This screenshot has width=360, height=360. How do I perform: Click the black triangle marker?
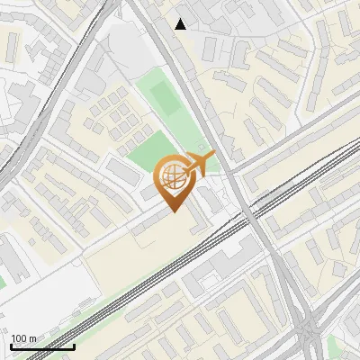point(181,24)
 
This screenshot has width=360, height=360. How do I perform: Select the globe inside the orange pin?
point(171,175)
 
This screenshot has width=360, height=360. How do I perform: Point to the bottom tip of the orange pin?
point(173,212)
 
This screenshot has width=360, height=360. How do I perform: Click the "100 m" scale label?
point(23,338)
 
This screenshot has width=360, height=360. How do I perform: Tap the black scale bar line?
point(42,346)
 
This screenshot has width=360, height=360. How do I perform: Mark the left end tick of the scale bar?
point(12,345)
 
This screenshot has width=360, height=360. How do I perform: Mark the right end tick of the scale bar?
point(74,345)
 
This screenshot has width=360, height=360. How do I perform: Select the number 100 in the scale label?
point(19,338)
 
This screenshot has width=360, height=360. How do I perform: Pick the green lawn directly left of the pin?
point(139,157)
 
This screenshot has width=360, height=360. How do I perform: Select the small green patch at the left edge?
point(3,281)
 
